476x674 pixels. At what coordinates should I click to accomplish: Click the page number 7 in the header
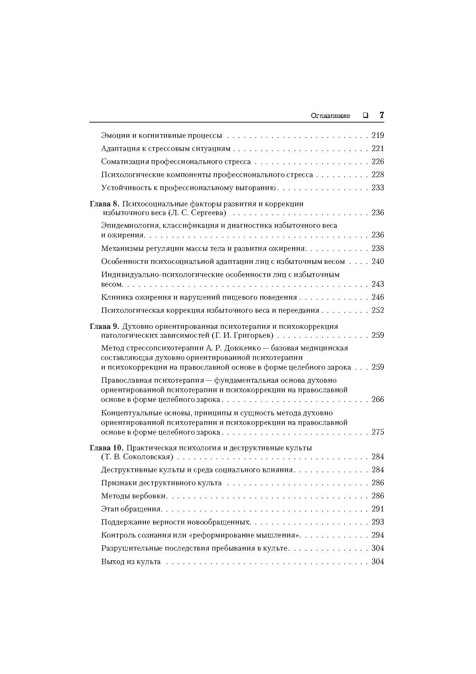[382, 115]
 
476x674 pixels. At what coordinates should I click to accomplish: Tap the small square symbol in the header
[365, 115]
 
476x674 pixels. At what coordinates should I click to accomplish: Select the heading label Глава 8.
[104, 204]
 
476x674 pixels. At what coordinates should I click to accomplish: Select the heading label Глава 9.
[104, 327]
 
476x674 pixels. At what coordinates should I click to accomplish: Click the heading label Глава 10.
[106, 448]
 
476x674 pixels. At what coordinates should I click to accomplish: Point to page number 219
[378, 135]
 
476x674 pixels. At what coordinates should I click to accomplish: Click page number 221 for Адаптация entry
[378, 148]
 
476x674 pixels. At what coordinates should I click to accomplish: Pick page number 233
[378, 188]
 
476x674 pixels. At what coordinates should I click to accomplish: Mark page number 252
[378, 310]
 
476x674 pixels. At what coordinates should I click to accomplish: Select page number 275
[378, 432]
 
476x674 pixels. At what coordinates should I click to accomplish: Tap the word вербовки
[150, 496]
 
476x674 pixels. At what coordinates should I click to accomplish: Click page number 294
[378, 535]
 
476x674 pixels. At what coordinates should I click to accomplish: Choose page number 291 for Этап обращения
[378, 509]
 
